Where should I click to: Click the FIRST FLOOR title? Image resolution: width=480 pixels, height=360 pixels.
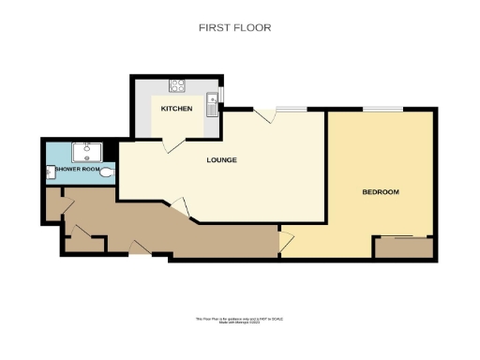tap(234, 28)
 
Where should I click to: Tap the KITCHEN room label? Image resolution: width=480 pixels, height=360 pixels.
tap(176, 110)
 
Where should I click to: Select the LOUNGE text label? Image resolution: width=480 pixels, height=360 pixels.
tap(221, 160)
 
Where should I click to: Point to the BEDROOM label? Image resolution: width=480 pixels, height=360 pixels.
tap(381, 192)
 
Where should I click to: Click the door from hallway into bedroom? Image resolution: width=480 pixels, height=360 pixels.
tap(285, 242)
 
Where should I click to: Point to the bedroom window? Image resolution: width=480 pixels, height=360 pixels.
tap(379, 110)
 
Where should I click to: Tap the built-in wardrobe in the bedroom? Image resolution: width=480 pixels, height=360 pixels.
tap(403, 248)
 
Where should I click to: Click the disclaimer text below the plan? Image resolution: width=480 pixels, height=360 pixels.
tap(238, 321)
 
